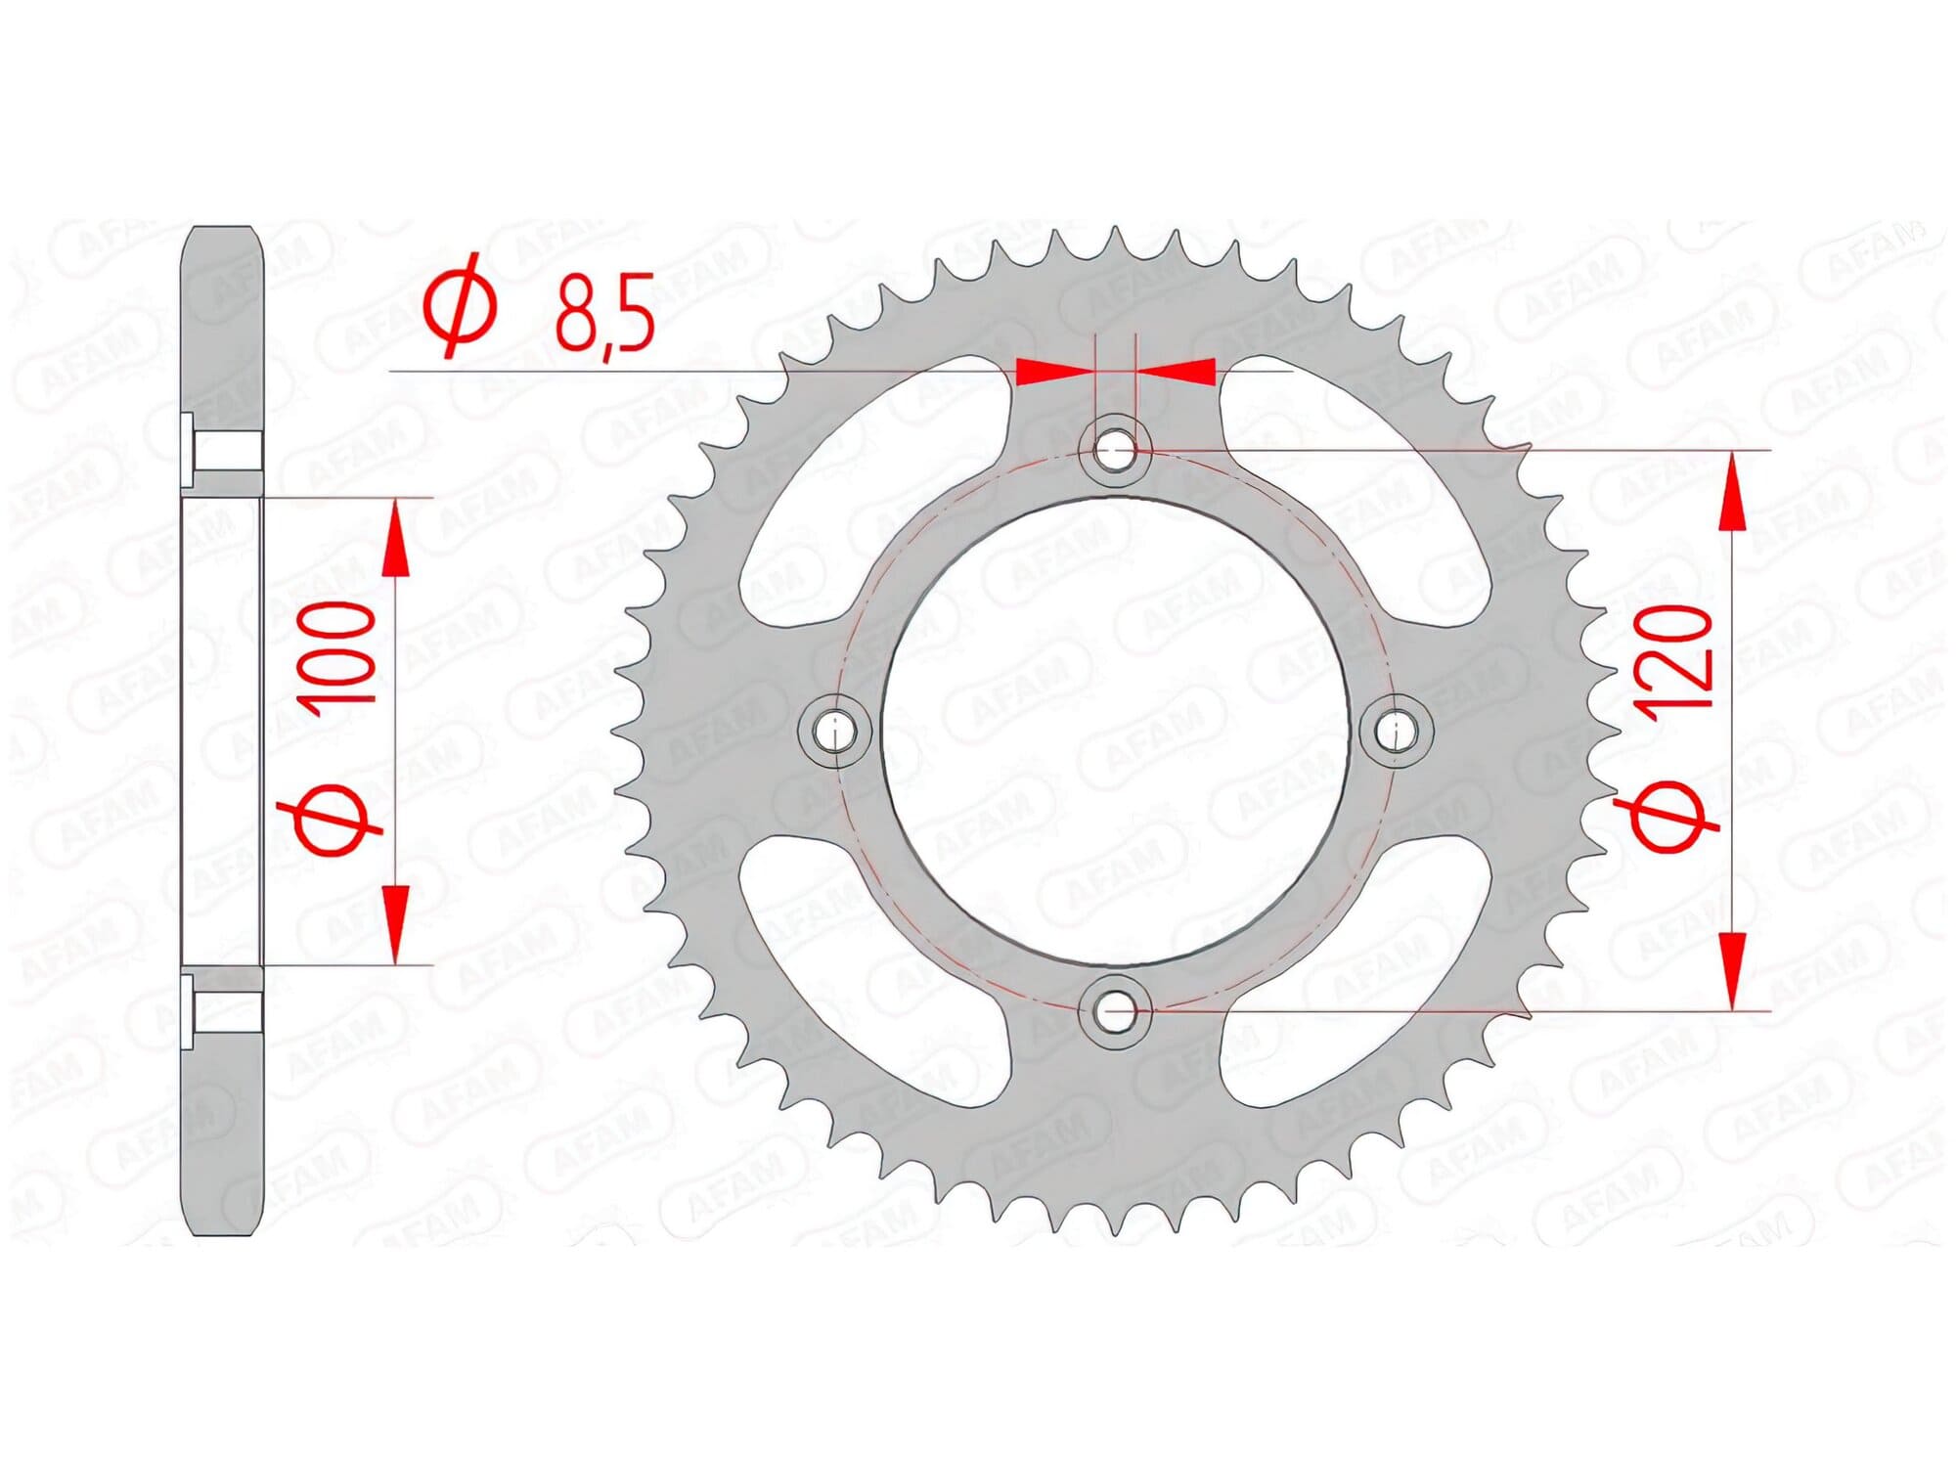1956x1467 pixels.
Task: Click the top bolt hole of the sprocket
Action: (1115, 451)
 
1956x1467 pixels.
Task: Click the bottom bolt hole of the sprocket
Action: (1115, 1010)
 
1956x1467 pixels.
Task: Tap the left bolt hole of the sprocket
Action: (834, 731)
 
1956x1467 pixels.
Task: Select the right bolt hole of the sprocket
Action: (1397, 731)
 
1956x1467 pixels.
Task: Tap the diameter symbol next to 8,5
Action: (460, 305)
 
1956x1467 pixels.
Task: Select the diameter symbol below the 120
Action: (1670, 817)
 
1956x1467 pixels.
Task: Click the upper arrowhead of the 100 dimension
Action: (395, 543)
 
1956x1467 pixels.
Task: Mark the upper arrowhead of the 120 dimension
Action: (1732, 494)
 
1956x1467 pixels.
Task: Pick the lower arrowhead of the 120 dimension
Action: (1732, 968)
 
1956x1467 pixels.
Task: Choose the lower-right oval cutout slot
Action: (1359, 968)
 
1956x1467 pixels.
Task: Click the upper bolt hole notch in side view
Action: (223, 451)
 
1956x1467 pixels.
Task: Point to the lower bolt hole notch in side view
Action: (223, 1009)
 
